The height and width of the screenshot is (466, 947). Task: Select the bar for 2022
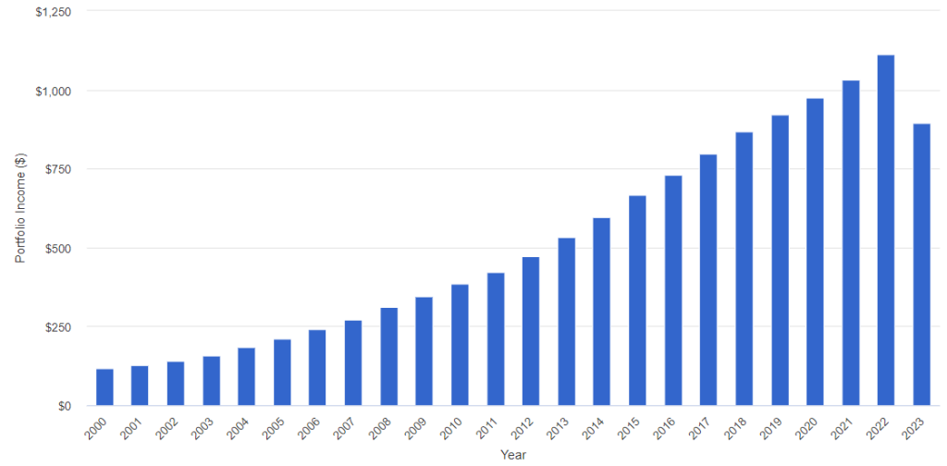(886, 230)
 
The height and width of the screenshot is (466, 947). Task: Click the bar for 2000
(105, 386)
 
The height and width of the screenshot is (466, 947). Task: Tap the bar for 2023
(922, 264)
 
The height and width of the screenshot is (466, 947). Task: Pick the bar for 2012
(531, 331)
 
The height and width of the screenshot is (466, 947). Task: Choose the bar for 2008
(389, 357)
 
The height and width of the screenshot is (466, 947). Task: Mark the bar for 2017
(708, 280)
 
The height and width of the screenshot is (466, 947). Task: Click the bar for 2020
(815, 251)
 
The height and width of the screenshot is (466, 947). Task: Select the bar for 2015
(637, 300)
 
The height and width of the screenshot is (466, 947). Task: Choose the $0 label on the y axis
(63, 406)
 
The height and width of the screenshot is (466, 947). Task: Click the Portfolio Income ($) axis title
(20, 208)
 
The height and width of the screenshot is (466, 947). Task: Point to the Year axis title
(512, 455)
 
